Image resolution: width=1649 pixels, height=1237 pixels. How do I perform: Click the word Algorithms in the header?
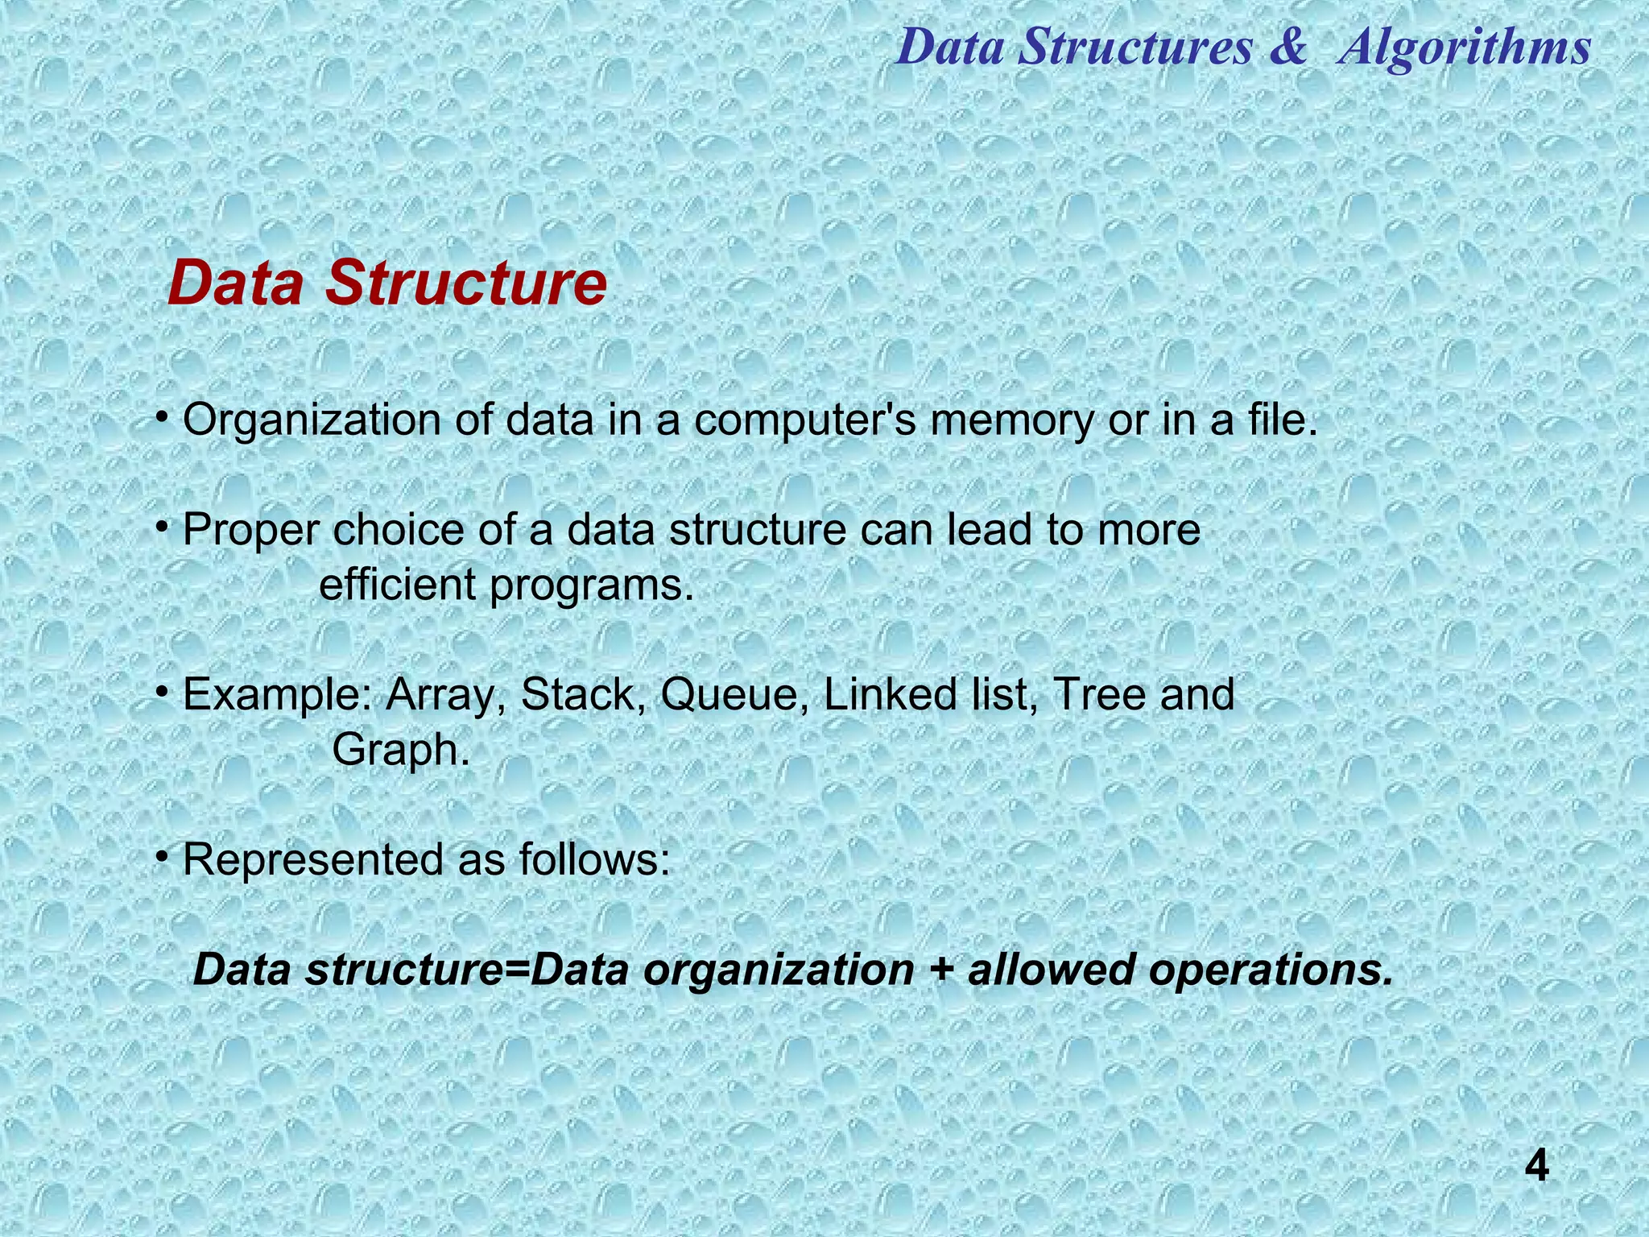tap(1465, 47)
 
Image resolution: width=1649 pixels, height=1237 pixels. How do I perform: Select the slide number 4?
tap(1536, 1166)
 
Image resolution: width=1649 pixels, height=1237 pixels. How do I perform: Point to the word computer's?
tap(804, 420)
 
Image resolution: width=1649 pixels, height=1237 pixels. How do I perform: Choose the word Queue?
tap(735, 694)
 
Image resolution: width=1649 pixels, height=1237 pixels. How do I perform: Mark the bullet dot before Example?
tap(162, 690)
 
